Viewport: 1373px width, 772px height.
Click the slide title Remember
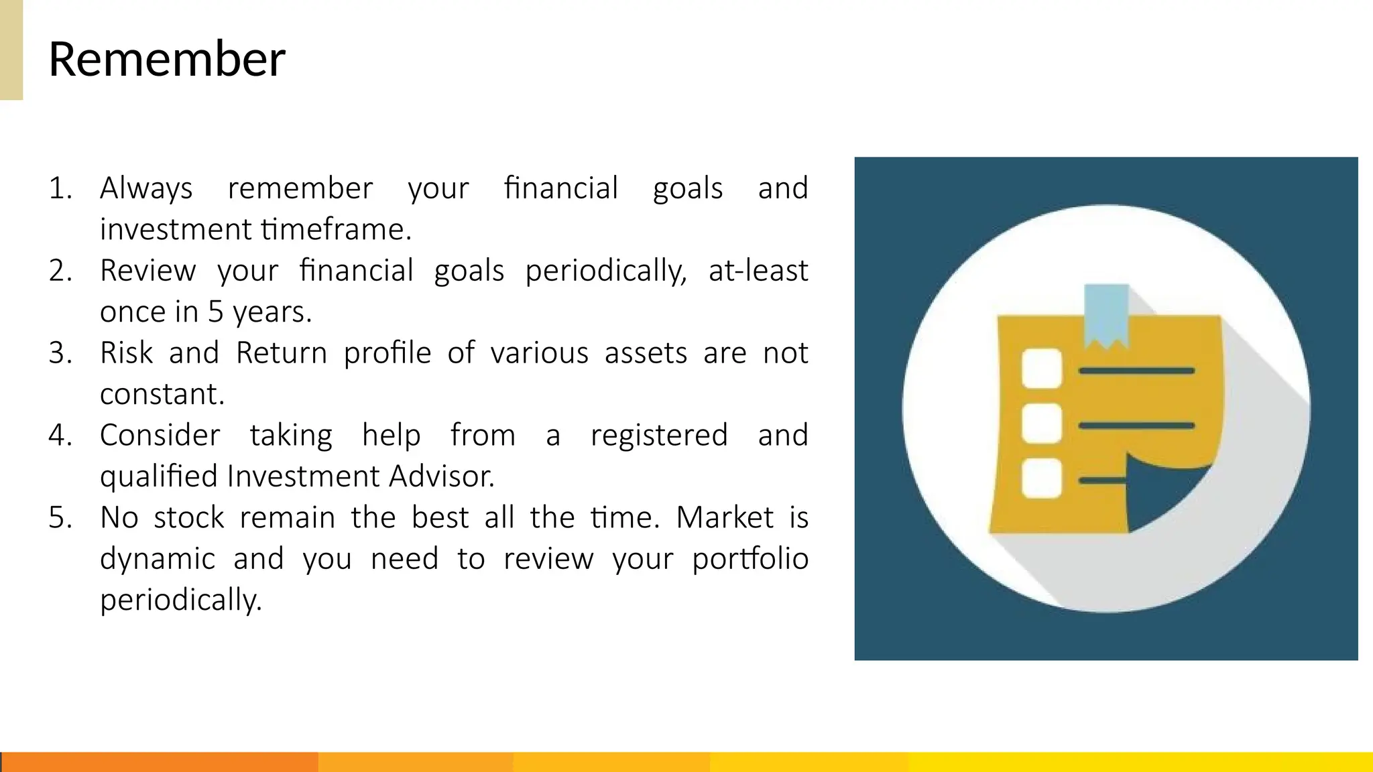click(x=167, y=59)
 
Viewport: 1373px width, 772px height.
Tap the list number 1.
click(x=60, y=188)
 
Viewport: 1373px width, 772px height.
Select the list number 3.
click(x=60, y=353)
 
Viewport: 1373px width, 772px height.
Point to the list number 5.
click(x=60, y=518)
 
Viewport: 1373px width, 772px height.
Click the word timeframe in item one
click(x=336, y=230)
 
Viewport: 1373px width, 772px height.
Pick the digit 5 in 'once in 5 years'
click(x=215, y=312)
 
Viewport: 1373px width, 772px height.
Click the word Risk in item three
click(x=127, y=353)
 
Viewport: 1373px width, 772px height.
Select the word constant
click(x=162, y=395)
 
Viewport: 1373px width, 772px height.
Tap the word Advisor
click(x=441, y=476)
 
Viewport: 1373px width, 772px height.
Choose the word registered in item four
click(x=659, y=436)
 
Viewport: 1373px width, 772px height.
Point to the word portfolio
click(x=750, y=559)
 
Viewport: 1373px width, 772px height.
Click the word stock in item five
click(x=188, y=518)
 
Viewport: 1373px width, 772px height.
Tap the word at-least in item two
click(x=758, y=271)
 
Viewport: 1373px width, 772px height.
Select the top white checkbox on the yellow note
click(x=1041, y=369)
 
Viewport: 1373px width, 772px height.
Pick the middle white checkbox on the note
click(x=1041, y=424)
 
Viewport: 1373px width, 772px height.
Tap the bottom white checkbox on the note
click(x=1041, y=478)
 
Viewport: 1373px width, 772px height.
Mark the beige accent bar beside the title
click(x=11, y=50)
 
